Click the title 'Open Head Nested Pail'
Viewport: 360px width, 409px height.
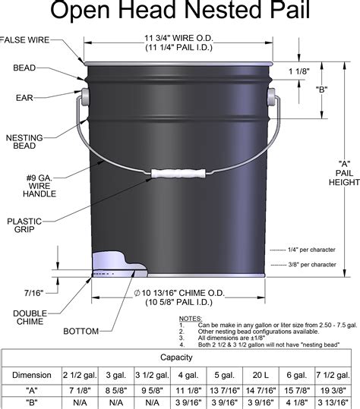pos(180,13)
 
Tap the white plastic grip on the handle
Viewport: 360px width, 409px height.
pos(176,173)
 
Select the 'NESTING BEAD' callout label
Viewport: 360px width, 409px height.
pos(23,142)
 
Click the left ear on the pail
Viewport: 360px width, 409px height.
pos(84,96)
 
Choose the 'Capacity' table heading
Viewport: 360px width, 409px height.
pos(180,357)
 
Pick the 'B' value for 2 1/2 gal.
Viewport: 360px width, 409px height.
pos(81,404)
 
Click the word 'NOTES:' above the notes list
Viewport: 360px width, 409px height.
pos(191,319)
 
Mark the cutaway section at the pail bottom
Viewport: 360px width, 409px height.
pos(114,261)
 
